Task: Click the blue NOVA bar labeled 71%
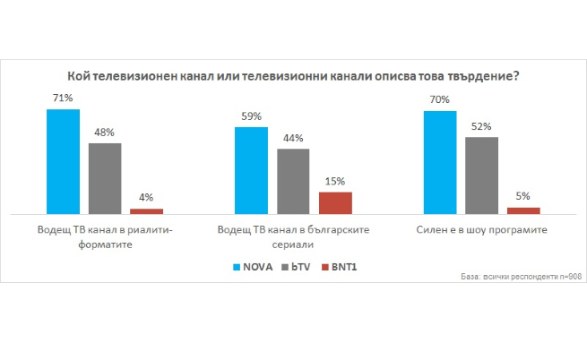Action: [x=63, y=162]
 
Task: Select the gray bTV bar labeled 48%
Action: [x=105, y=179]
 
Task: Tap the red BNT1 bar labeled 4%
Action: [x=147, y=211]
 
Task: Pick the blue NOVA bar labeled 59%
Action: [x=251, y=171]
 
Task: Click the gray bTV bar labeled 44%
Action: [x=293, y=182]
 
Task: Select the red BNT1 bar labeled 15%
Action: [x=335, y=203]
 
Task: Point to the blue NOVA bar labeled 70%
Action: [x=439, y=163]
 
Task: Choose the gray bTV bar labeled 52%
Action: [x=481, y=176]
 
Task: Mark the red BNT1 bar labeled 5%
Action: [x=523, y=210]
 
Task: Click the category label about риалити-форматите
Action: [x=106, y=236]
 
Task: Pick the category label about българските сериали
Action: [x=294, y=236]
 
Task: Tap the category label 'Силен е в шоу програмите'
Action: [x=481, y=230]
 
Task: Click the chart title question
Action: [x=293, y=76]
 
